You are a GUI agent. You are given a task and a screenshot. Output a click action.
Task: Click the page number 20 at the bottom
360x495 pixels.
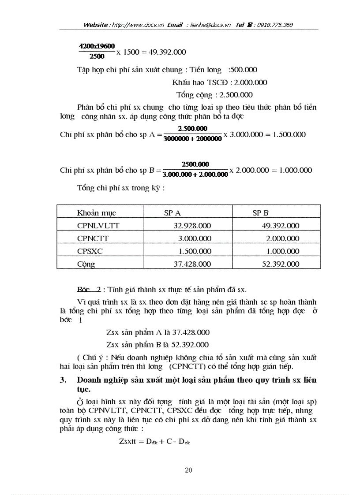point(188,470)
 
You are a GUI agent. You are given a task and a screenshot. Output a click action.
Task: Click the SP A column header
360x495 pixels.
point(172,213)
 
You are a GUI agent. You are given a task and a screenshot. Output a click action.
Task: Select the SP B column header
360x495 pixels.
point(260,213)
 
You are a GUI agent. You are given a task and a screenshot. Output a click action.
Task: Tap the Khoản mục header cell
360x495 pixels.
point(96,213)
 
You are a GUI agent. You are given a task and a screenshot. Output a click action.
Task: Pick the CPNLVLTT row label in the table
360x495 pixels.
point(98,226)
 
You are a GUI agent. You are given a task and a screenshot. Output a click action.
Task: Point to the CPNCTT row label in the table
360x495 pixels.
point(93,238)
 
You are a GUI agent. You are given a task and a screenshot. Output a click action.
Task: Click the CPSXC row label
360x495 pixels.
point(90,251)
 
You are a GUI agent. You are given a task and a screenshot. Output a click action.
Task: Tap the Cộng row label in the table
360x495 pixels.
point(86,264)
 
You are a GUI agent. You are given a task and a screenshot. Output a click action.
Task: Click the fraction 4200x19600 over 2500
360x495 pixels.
point(97,51)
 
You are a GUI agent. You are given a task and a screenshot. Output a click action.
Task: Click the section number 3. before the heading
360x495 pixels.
point(63,380)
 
